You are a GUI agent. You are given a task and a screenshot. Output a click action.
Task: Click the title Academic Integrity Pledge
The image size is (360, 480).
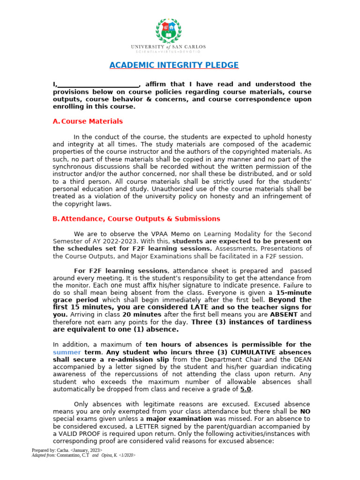[174, 65]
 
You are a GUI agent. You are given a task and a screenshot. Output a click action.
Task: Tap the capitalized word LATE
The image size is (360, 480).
[187, 307]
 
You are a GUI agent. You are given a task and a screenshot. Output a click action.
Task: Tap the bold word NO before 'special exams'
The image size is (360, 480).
[306, 412]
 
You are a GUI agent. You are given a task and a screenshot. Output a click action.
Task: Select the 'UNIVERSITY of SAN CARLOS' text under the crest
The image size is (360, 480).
[168, 47]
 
